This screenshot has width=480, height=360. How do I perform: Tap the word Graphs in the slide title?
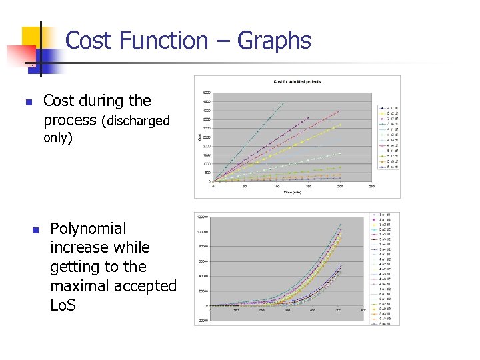pos(273,41)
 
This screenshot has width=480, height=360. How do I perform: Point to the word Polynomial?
pos(88,229)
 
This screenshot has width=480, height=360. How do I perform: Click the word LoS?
pos(63,305)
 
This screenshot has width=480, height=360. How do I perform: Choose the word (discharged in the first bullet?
pos(135,121)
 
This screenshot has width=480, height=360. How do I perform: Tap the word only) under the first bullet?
pos(58,138)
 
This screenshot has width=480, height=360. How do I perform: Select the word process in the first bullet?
pos(70,120)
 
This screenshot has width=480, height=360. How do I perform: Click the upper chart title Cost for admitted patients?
pos(297,81)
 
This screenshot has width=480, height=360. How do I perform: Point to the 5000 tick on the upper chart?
pos(206,93)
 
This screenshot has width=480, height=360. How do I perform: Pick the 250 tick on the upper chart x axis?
pos(371,187)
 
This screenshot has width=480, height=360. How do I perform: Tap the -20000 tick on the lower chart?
pos(201,320)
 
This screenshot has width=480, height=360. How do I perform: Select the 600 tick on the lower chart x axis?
pos(363,310)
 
